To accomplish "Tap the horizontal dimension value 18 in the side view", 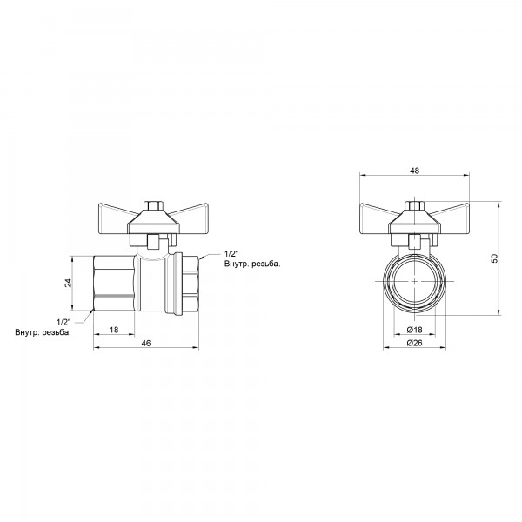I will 112,331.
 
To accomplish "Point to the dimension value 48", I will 414,171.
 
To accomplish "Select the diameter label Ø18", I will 414,331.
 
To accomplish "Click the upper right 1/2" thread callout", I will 231,251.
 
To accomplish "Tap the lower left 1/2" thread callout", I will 64,321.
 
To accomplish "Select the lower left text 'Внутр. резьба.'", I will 43,332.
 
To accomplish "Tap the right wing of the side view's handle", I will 184,216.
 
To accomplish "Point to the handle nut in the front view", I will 414,209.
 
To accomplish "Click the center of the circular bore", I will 414,284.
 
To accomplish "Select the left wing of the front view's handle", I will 381,216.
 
